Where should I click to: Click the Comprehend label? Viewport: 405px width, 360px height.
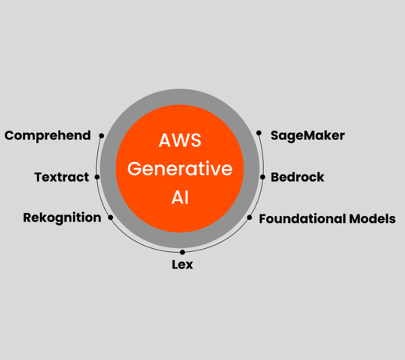[x=47, y=135]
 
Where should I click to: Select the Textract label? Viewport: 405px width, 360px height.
[x=62, y=177]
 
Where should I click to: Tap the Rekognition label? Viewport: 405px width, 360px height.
[x=62, y=218]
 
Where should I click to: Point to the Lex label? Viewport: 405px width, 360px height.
[x=183, y=265]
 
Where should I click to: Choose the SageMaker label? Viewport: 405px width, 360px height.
[x=308, y=135]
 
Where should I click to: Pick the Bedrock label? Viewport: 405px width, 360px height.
[x=298, y=177]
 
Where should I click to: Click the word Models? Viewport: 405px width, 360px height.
[x=371, y=218]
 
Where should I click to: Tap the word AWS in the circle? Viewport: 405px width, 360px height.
[x=180, y=141]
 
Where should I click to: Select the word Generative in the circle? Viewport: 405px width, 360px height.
[x=180, y=169]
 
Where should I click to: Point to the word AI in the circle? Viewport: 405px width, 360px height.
[x=180, y=197]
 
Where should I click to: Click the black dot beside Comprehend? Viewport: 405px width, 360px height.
[x=102, y=135]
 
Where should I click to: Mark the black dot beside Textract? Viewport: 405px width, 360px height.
[x=97, y=177]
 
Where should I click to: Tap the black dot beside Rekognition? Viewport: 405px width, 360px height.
[x=110, y=218]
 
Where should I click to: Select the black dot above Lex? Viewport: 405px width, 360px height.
[x=183, y=252]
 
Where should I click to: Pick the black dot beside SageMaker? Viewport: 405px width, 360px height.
[x=259, y=133]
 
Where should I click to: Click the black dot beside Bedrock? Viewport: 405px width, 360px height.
[x=263, y=177]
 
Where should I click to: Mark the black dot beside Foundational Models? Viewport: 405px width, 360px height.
[x=251, y=218]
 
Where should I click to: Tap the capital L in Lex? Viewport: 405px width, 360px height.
[x=175, y=265]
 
